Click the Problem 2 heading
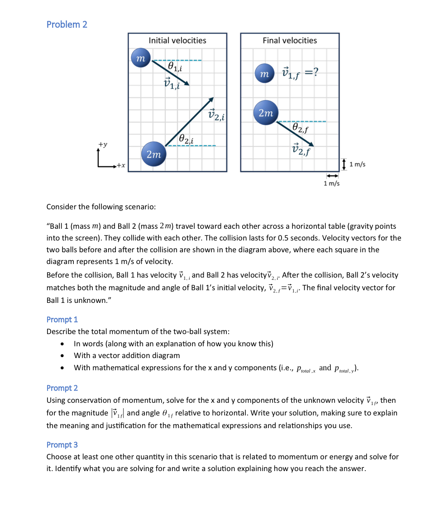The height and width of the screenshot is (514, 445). tap(67, 24)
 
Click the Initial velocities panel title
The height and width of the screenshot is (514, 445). tap(177, 41)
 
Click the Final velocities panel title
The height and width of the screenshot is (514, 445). tap(290, 41)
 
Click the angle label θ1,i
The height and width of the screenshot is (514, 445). tap(175, 67)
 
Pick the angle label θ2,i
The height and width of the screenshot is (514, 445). tap(186, 138)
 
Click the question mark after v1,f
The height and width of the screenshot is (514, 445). tap(316, 72)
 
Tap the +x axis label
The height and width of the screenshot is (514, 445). tap(120, 166)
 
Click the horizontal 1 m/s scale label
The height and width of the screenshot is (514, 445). tap(331, 184)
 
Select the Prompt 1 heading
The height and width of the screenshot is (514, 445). tap(62, 320)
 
